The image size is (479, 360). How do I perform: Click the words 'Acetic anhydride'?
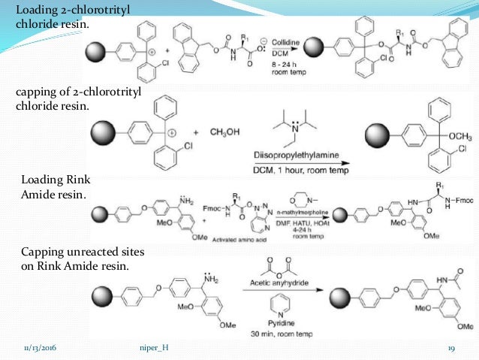(278, 283)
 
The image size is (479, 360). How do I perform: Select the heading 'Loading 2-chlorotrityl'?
(64, 11)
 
